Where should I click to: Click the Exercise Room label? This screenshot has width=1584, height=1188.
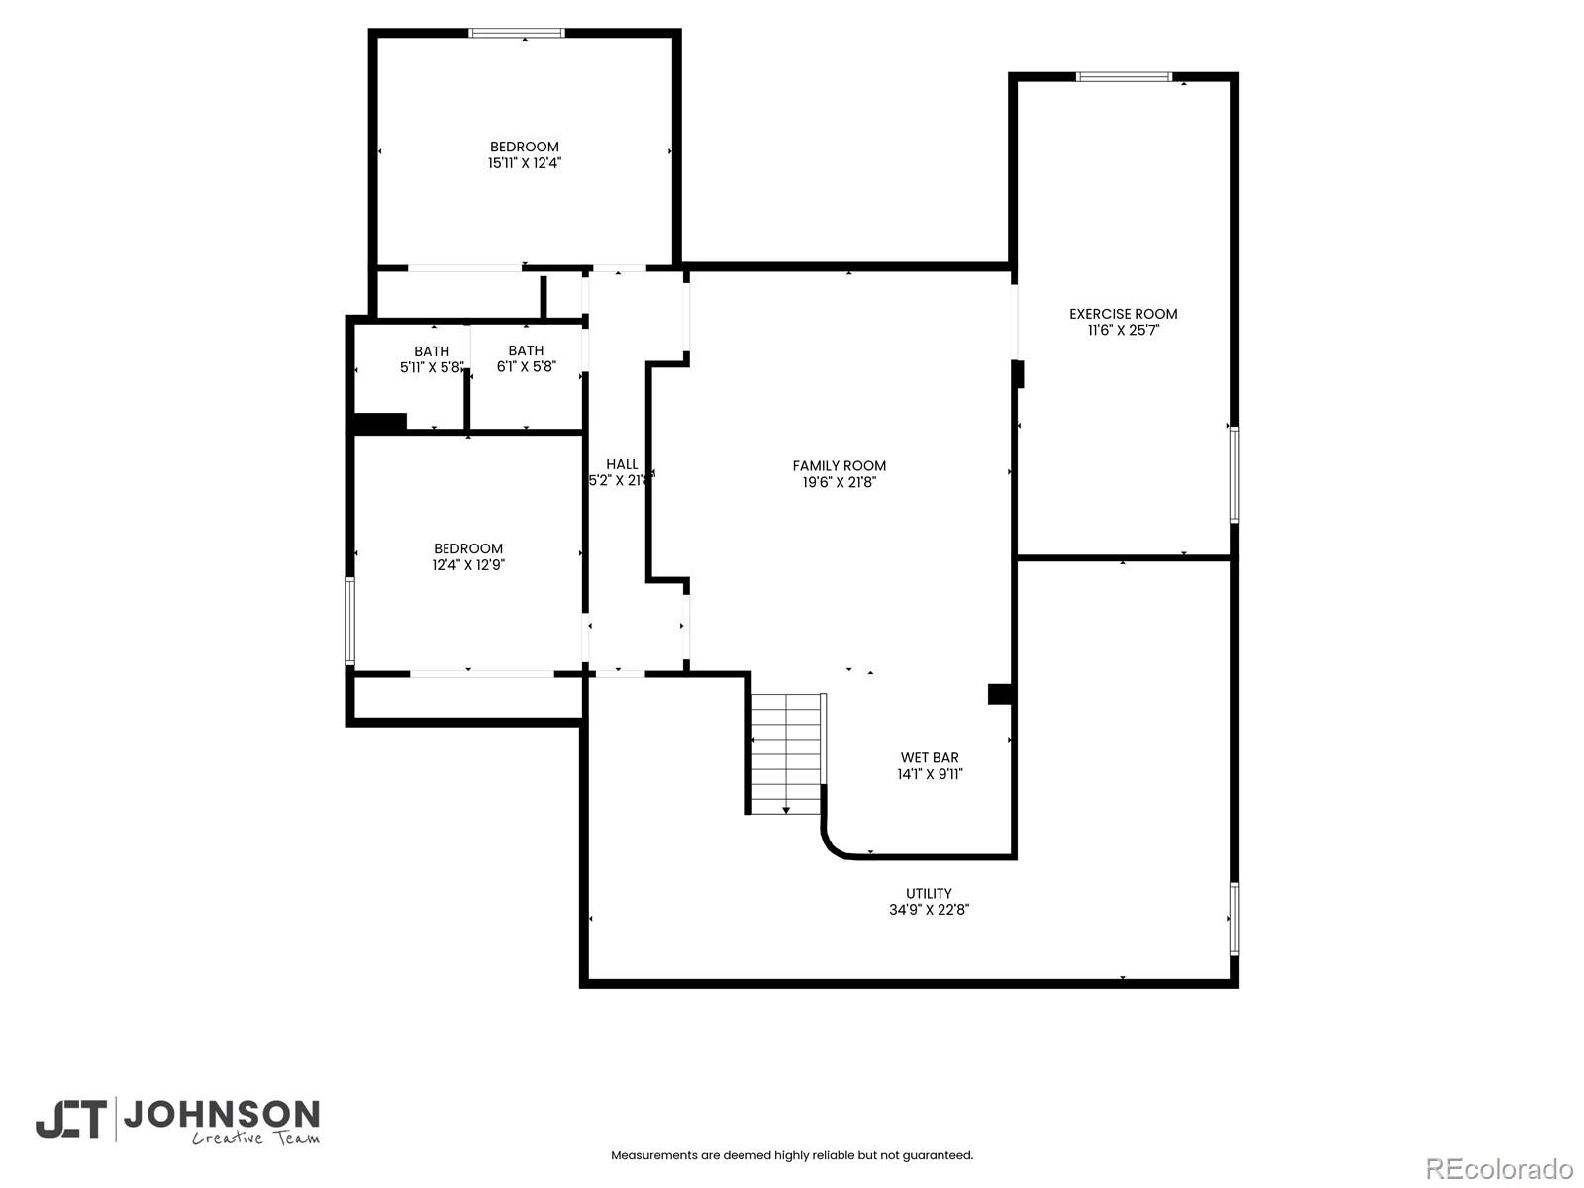1123,314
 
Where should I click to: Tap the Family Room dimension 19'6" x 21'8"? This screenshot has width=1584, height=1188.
839,483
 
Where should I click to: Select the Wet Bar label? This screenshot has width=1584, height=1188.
929,758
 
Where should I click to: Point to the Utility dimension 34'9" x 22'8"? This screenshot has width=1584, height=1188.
928,910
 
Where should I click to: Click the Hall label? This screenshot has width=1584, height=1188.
622,464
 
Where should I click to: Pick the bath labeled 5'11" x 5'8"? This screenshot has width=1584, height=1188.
431,359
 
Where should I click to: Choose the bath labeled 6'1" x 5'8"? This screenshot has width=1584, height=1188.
526,358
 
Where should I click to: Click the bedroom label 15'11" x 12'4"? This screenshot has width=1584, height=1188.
524,155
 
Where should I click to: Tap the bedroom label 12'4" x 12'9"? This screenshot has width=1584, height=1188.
467,557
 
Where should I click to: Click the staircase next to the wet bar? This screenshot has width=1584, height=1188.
787,752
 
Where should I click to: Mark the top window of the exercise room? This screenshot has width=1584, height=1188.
1124,76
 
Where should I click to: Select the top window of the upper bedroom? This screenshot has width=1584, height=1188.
517,33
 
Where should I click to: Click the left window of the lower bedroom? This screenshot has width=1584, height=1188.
349,621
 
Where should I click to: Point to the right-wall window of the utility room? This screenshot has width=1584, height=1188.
1234,919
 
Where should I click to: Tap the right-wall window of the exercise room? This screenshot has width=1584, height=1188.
1234,474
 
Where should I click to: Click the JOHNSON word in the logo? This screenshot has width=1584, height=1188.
220,1115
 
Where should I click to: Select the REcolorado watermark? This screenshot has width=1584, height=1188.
1498,1168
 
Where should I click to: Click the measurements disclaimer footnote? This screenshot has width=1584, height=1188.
791,1155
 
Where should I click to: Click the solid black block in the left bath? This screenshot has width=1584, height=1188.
380,423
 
